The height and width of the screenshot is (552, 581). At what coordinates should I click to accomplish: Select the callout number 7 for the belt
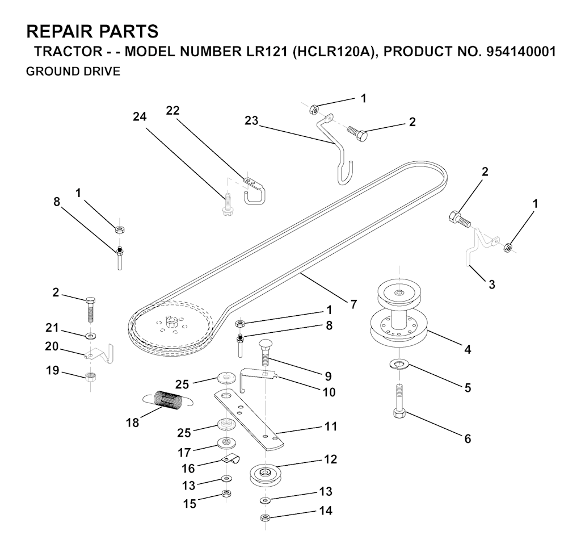point(353,304)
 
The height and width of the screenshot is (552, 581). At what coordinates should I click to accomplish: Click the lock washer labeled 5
point(401,363)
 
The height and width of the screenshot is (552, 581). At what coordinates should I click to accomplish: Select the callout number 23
point(252,120)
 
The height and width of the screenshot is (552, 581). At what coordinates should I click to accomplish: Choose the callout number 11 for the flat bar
point(331,426)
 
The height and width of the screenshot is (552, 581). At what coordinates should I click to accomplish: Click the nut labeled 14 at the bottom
point(264,517)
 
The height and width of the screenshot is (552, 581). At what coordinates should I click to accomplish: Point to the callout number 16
point(188,468)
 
